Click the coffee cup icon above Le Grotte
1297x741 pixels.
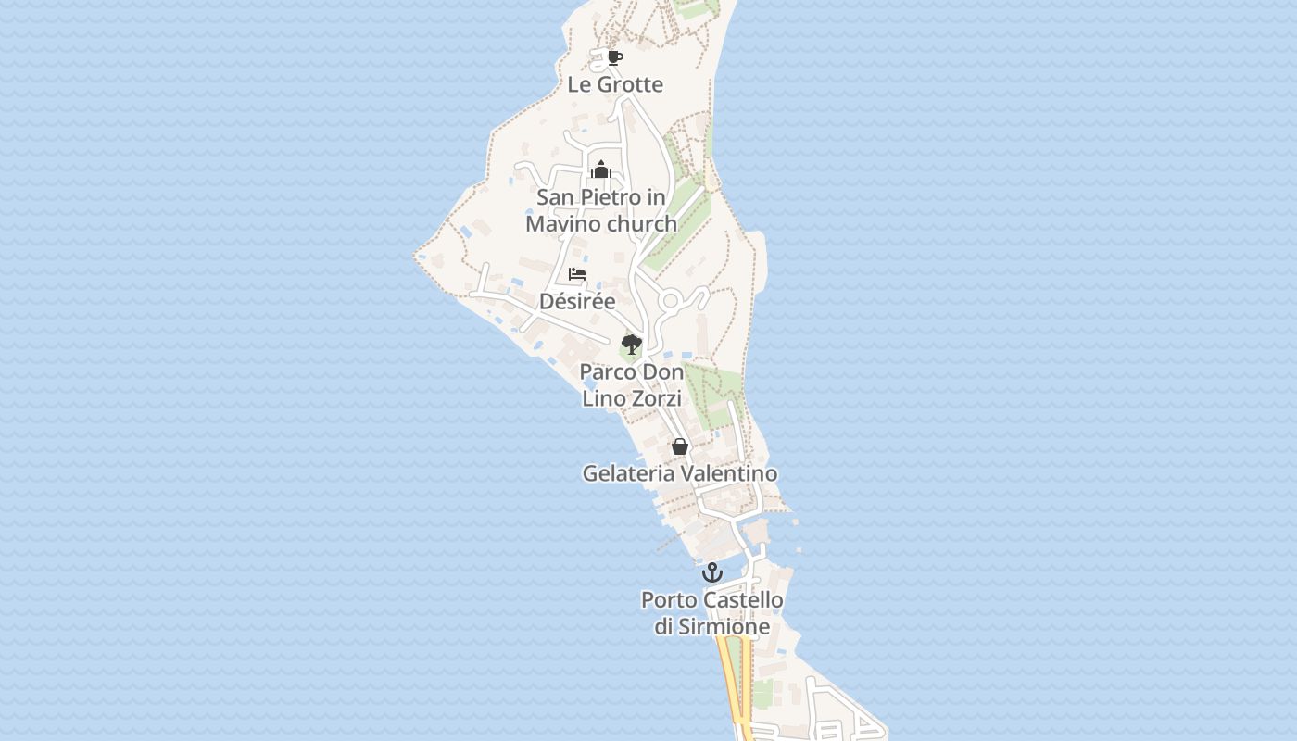[614, 58]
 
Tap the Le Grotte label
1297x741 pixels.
[615, 84]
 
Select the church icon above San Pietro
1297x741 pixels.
[601, 170]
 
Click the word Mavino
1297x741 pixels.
[563, 224]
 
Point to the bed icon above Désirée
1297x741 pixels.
[577, 274]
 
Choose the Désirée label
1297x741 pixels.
[577, 301]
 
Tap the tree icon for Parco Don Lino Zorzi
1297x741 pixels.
[631, 345]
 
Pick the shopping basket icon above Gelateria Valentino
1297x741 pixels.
[680, 446]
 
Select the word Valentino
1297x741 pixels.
[729, 473]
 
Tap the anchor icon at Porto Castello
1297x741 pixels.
[711, 572]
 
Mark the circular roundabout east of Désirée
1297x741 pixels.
[670, 301]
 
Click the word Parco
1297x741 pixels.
[607, 372]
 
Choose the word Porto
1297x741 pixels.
[669, 600]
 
